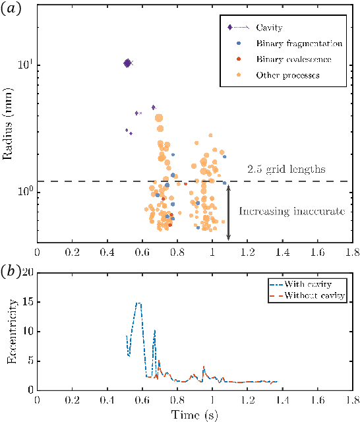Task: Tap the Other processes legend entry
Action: (287, 75)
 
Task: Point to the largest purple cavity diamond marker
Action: (127, 63)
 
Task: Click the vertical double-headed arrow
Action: (228, 212)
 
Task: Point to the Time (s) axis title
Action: (195, 415)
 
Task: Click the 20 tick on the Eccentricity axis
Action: (26, 274)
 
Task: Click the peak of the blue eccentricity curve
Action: (138, 303)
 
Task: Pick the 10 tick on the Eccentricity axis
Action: (26, 332)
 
